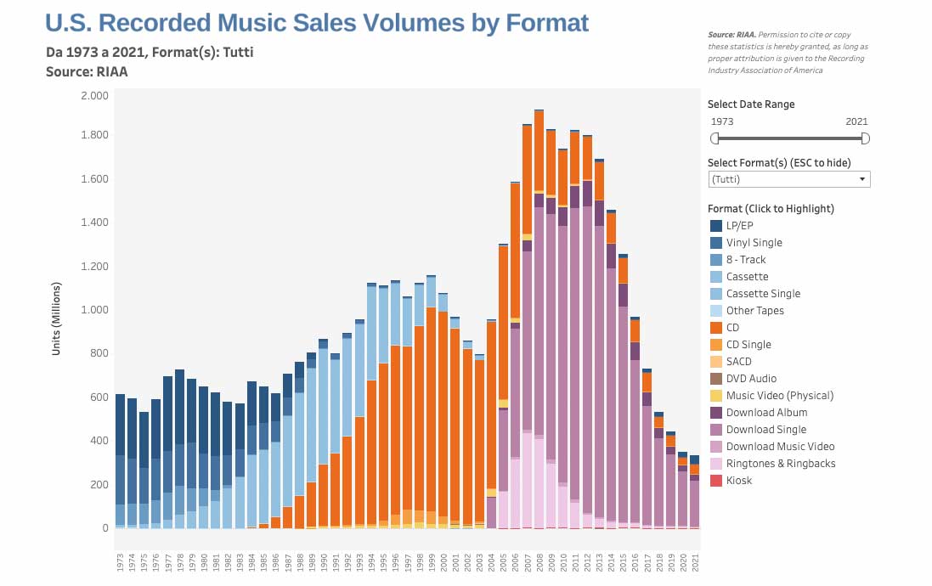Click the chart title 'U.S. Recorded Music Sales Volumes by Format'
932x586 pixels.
[x=316, y=23]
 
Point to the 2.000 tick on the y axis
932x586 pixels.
[x=94, y=96]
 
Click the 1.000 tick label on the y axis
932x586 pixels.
[x=94, y=310]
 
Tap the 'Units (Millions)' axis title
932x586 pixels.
[x=57, y=312]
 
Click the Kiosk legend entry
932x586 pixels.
[x=739, y=481]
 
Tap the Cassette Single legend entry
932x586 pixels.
[x=763, y=294]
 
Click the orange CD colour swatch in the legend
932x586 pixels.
[x=715, y=328]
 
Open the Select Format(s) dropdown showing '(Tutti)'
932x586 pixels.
[x=788, y=179]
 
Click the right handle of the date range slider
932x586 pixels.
[x=865, y=138]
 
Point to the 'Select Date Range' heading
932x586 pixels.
[x=751, y=104]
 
